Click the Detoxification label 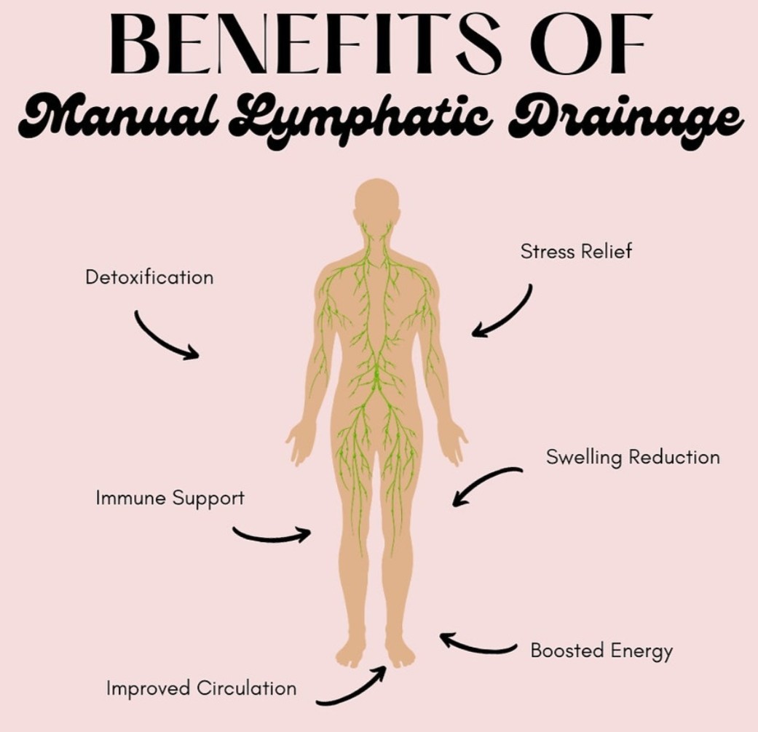coord(149,277)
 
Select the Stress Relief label coord(576,251)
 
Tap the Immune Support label coord(170,498)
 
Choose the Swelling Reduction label coord(633,457)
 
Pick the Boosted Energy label coord(601,651)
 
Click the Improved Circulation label coord(201,688)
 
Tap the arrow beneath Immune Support coord(271,538)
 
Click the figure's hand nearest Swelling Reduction coord(455,442)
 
